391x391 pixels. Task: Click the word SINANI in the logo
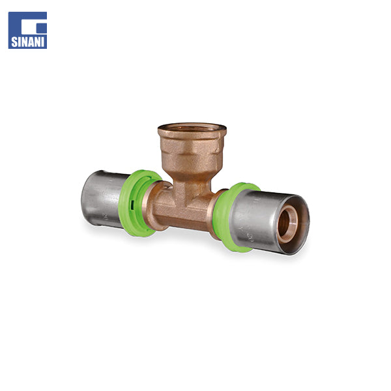pyautogui.click(x=27, y=42)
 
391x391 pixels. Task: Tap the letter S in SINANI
pyautogui.click(x=14, y=42)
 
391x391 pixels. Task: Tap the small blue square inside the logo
pyautogui.click(x=42, y=29)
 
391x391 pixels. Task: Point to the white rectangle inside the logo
pyautogui.click(x=31, y=24)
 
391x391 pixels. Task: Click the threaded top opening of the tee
pyautogui.click(x=192, y=128)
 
